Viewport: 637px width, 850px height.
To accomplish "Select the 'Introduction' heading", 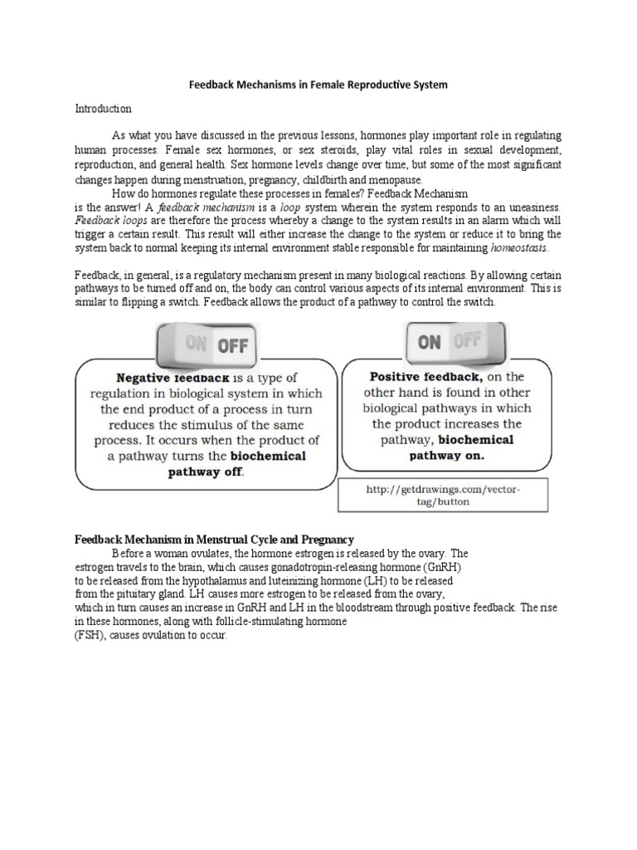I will click(104, 109).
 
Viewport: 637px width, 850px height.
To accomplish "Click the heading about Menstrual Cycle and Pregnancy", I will click(215, 540).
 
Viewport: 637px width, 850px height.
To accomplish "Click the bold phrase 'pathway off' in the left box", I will click(207, 472).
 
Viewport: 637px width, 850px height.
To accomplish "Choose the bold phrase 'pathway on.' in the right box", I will click(446, 456).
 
